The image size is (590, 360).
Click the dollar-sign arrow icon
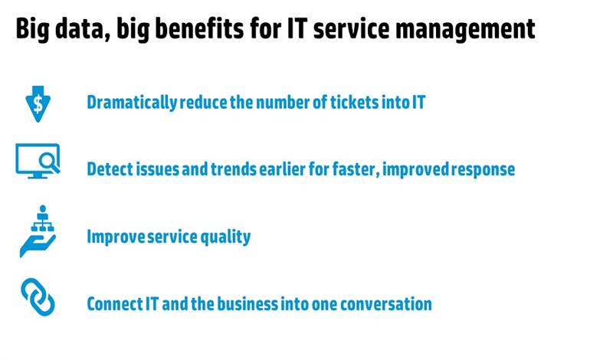(x=38, y=104)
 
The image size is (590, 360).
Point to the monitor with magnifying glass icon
(x=38, y=161)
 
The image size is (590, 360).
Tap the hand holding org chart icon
(x=38, y=231)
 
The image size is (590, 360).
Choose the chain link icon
(x=38, y=297)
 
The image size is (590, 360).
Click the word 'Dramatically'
(x=132, y=103)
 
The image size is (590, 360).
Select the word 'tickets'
(x=355, y=102)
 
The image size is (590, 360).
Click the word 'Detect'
(x=110, y=169)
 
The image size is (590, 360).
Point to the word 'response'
(x=483, y=169)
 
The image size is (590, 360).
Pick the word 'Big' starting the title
(x=32, y=29)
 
